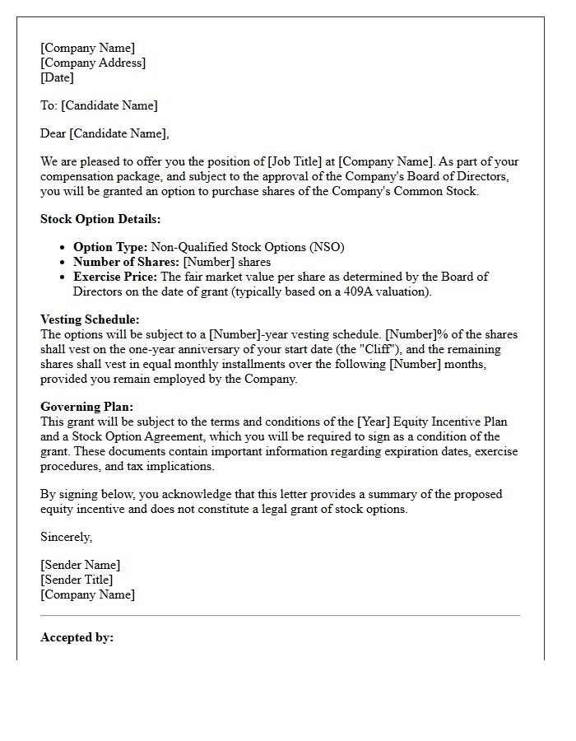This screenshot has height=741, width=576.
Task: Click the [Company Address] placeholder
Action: tap(93, 63)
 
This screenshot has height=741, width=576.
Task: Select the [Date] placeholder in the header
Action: tap(57, 77)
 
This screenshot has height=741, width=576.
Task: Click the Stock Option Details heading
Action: tap(100, 219)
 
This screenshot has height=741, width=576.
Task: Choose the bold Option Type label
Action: tap(110, 247)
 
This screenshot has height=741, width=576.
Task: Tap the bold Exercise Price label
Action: tap(115, 277)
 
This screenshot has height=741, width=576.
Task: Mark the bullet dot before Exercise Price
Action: tap(63, 277)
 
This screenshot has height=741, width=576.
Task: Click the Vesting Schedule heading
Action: tap(90, 319)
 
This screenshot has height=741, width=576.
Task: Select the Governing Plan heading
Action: tap(86, 407)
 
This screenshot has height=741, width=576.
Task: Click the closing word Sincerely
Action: tap(67, 537)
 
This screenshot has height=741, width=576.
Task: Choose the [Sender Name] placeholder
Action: tap(80, 565)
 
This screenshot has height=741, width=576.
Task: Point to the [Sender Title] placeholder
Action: tap(77, 580)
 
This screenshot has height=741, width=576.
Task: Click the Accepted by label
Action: tap(77, 637)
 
